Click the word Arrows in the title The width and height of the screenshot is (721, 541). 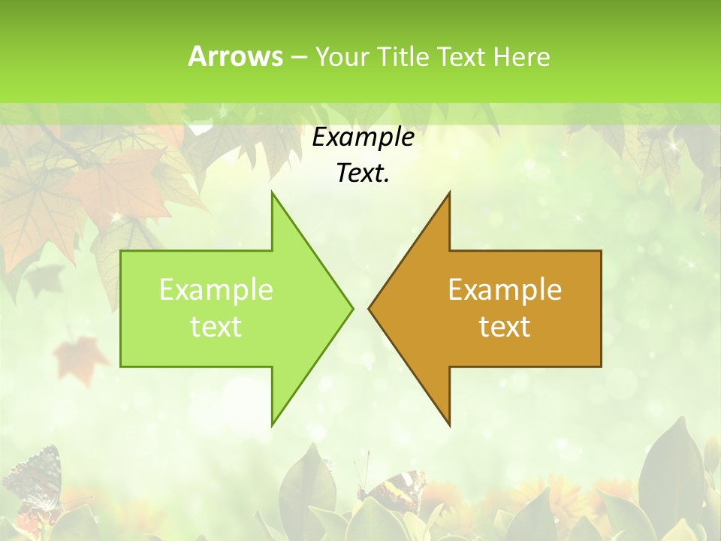[x=235, y=56]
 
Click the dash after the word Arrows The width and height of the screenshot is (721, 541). [x=298, y=58]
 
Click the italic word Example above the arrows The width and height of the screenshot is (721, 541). [x=363, y=137]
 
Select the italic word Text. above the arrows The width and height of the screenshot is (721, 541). [x=363, y=174]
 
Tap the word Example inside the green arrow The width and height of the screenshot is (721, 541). [x=216, y=289]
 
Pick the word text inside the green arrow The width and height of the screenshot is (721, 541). [x=216, y=326]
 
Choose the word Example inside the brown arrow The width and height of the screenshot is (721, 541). [x=505, y=289]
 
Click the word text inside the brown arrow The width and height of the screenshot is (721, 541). [x=505, y=326]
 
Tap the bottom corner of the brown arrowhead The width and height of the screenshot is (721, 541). [x=449, y=424]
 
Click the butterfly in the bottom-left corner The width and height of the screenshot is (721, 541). [x=34, y=481]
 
